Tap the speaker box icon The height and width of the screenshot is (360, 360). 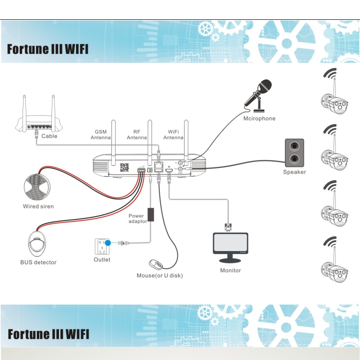(294, 152)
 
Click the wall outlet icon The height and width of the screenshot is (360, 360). (102, 246)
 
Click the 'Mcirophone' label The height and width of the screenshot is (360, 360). (259, 119)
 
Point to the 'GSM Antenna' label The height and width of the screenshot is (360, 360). (100, 135)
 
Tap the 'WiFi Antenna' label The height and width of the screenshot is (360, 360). (174, 135)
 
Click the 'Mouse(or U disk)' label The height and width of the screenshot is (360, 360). (160, 275)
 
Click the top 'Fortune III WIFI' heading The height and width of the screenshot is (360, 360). (48, 49)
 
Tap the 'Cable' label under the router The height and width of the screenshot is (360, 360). (49, 136)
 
